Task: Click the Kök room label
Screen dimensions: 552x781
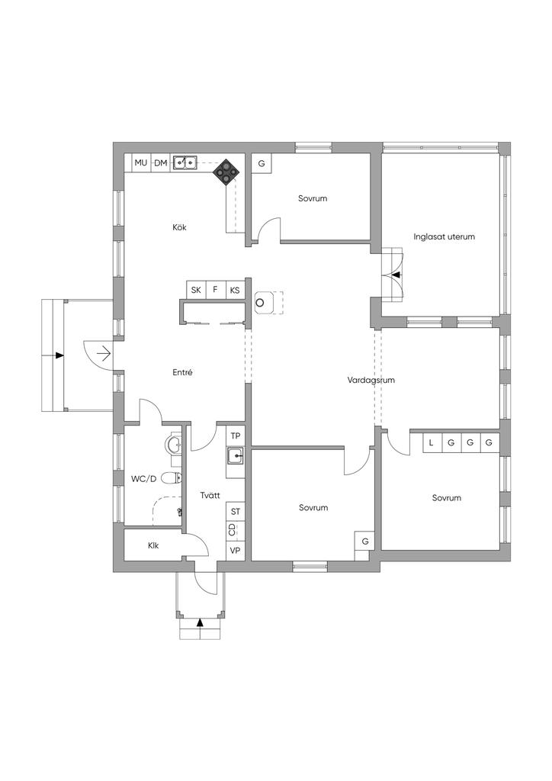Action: [x=179, y=227]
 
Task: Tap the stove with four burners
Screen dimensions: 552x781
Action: [x=226, y=172]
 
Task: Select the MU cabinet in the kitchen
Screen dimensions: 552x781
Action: [x=141, y=163]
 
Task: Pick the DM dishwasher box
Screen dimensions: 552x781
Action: [x=160, y=163]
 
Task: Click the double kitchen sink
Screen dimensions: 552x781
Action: [x=185, y=162]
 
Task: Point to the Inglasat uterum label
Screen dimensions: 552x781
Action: [x=444, y=236]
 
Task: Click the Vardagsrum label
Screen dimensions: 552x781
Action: [x=371, y=380]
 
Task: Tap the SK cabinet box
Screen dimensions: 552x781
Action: [x=196, y=290]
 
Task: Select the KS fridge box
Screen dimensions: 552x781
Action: [x=234, y=290]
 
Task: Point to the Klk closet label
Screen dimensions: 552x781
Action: [x=153, y=545]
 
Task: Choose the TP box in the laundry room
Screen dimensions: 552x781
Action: [x=236, y=435]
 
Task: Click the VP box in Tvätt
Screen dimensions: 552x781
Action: [x=236, y=551]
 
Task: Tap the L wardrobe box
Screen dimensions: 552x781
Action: [x=432, y=442]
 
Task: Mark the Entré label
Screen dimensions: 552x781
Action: [x=183, y=372]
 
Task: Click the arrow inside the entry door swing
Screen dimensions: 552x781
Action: [x=104, y=354]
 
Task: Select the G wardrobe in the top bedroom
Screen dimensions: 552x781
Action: [x=262, y=163]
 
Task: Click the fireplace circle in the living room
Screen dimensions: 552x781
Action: [x=259, y=302]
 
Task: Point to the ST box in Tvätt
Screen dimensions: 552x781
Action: [x=236, y=512]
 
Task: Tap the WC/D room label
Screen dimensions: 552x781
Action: [x=144, y=479]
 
